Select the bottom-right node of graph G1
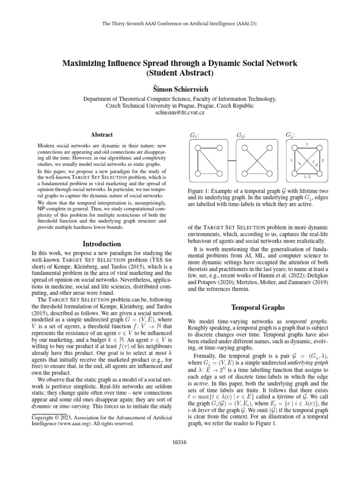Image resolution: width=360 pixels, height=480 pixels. pyautogui.click(x=219, y=170)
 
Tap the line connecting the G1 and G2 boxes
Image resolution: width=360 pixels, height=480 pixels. pyautogui.click(x=232, y=159)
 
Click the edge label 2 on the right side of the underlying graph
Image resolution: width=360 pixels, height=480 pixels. pyautogui.click(x=323, y=160)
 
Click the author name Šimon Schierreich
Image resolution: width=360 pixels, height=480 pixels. pyautogui.click(x=180, y=89)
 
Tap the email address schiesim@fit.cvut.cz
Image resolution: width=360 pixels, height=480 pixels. pyautogui.click(x=180, y=113)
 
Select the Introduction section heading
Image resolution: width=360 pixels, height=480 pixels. pyautogui.click(x=101, y=244)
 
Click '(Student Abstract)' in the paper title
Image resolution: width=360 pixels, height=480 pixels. pyautogui.click(x=180, y=73)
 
